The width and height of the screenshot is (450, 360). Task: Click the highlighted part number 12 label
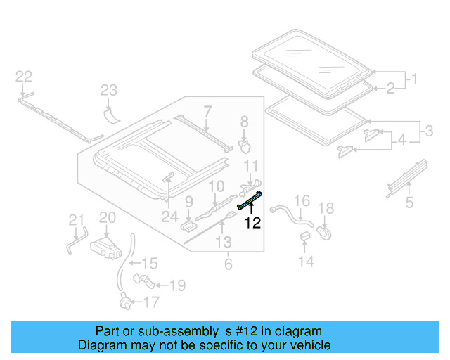[252, 224]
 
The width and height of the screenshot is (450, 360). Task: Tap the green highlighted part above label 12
[251, 201]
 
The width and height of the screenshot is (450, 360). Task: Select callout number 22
[23, 77]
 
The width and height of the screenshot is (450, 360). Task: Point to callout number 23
[108, 90]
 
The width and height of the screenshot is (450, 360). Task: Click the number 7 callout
[207, 110]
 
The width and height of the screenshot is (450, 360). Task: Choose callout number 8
[244, 122]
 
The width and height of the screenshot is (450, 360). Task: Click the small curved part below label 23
[110, 112]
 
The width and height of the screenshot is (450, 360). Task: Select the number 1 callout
[414, 79]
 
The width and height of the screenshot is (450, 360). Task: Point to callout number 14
[305, 262]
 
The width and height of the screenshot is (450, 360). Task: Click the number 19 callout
[177, 285]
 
